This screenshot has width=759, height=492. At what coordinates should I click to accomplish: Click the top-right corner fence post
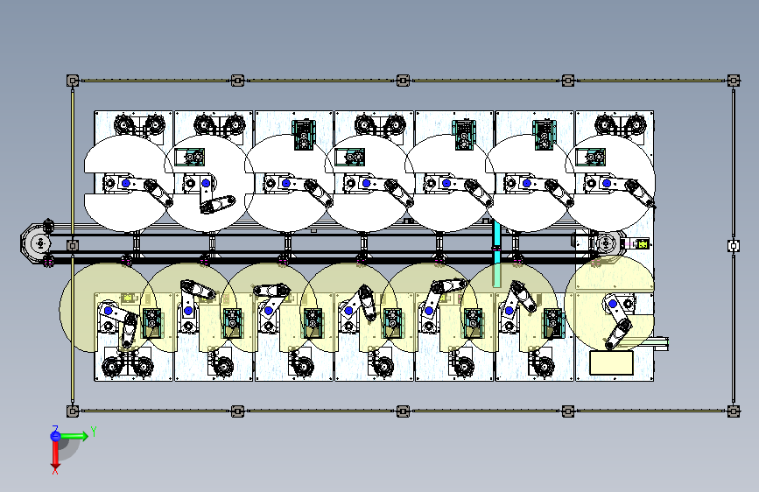coord(733,81)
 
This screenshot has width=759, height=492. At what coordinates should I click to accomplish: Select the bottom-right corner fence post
coord(733,410)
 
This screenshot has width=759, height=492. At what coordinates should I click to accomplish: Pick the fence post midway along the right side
coord(733,245)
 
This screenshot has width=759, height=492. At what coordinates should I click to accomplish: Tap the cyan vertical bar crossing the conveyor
coord(496,254)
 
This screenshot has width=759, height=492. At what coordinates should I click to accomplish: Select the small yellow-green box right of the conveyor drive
coord(642,244)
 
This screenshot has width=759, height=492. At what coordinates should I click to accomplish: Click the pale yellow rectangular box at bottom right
coord(612,362)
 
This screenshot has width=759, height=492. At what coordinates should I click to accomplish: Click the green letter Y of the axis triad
coord(93,431)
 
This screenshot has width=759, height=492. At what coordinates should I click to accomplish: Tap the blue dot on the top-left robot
coord(125,183)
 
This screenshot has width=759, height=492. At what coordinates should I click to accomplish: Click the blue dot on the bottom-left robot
coord(109,311)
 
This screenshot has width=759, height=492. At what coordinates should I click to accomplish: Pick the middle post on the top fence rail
coord(403,81)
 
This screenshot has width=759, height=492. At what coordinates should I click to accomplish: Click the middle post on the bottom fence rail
coord(403,410)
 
